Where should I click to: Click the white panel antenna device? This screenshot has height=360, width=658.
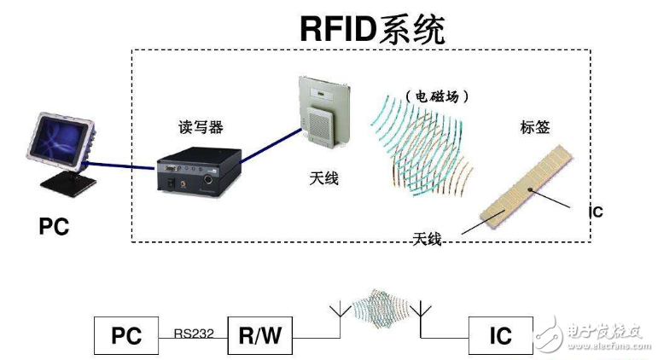click(x=325, y=109)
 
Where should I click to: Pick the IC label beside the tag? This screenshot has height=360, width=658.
click(x=596, y=212)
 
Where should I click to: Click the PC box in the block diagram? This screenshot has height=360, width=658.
click(x=125, y=335)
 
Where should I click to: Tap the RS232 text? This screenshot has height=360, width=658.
click(x=192, y=334)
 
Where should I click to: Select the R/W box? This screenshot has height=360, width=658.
click(x=259, y=335)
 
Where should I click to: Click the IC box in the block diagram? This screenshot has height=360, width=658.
click(x=500, y=335)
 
